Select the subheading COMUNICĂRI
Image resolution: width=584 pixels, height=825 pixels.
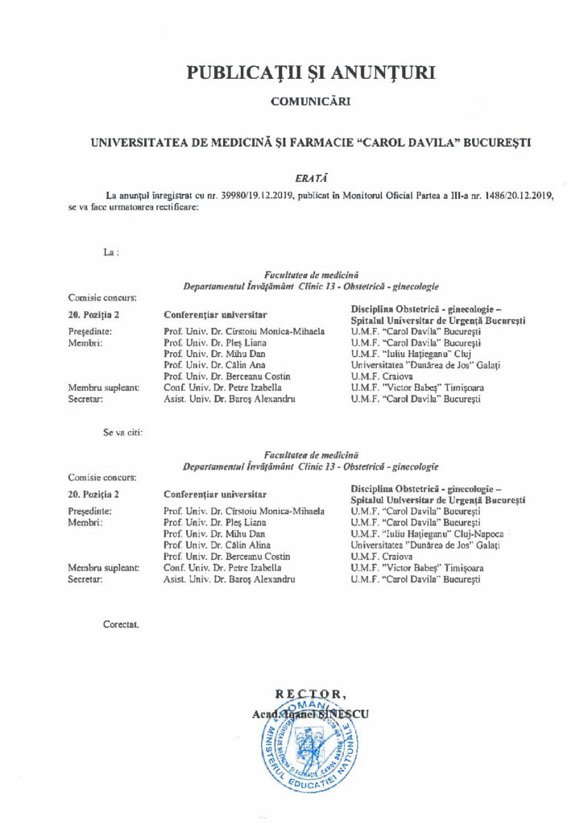(x=311, y=102)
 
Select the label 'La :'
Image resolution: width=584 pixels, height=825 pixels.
(x=111, y=252)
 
